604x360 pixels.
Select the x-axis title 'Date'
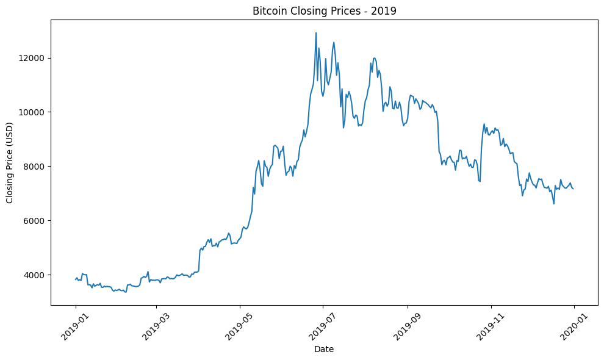(x=323, y=349)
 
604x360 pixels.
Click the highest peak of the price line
(x=316, y=33)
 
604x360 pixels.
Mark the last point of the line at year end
(x=573, y=189)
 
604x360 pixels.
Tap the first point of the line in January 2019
(x=76, y=279)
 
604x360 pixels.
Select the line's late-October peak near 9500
(x=484, y=124)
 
